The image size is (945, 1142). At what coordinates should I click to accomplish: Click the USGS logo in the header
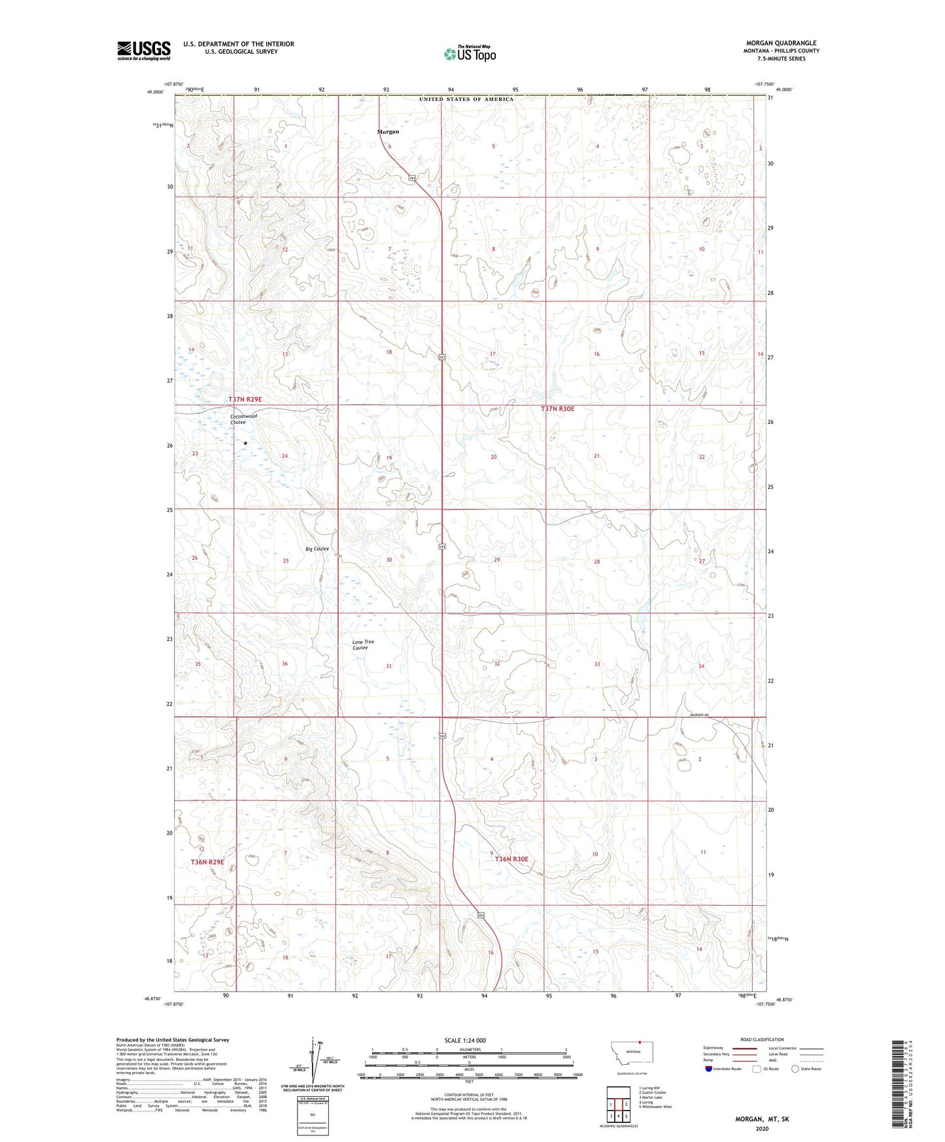pos(144,50)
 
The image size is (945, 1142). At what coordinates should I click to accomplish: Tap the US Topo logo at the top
pos(470,54)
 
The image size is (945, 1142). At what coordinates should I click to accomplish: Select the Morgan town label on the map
pos(388,131)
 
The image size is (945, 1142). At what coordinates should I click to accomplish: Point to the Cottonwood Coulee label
pos(243,419)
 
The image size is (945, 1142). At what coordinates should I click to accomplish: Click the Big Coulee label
pos(317,549)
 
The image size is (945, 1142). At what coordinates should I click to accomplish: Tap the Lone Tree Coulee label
pos(363,645)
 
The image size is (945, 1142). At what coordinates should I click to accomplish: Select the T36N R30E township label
pos(511,859)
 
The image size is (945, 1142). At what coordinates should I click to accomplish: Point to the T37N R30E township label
pos(557,409)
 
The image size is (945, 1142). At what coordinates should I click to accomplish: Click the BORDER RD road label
pos(698,715)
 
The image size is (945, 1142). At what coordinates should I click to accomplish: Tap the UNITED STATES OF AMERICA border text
pos(466,99)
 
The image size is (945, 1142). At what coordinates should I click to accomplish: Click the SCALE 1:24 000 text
pos(465,1040)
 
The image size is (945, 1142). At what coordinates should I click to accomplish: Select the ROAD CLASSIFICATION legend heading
pos(762,1039)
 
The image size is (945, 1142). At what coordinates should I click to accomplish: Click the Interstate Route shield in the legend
pos(710,1069)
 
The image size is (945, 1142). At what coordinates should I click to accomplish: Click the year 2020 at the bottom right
pos(761,1129)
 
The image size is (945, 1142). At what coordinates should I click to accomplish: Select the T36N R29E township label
pos(207,862)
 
